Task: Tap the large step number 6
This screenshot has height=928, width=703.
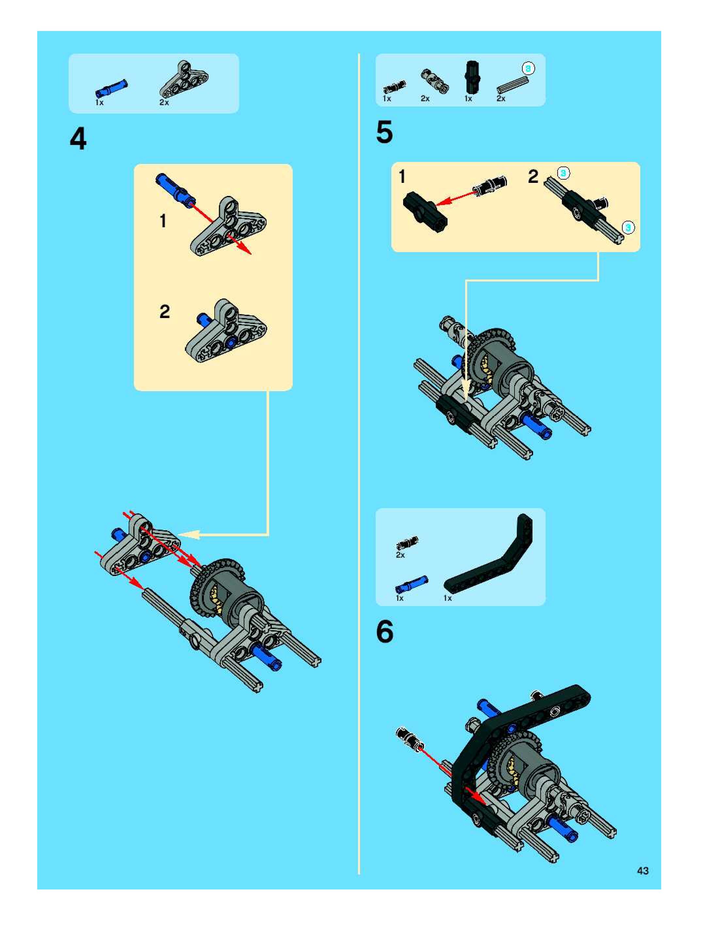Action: (x=385, y=632)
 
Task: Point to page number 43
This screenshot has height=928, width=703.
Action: (x=643, y=871)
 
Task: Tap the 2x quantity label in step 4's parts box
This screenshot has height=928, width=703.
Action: (x=164, y=102)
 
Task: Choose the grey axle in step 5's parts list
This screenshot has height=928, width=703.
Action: (x=512, y=85)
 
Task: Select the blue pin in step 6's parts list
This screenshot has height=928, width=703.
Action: (x=412, y=584)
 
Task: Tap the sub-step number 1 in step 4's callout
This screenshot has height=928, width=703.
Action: (x=163, y=221)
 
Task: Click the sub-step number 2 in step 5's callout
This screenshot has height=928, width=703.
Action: (x=533, y=176)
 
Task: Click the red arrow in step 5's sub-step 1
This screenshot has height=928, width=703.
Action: (x=456, y=198)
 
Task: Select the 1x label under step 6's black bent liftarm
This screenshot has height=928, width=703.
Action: (x=448, y=598)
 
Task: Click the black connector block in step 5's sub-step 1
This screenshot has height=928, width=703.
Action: (x=425, y=212)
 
